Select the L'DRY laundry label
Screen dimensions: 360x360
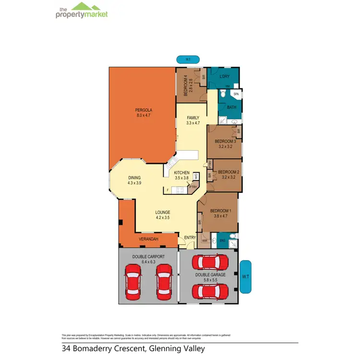pyautogui.click(x=225, y=77)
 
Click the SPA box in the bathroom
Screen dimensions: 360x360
pyautogui.click(x=236, y=95)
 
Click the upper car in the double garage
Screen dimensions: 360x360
pyautogui.click(x=210, y=262)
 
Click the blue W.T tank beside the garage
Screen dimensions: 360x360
pyautogui.click(x=245, y=276)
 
